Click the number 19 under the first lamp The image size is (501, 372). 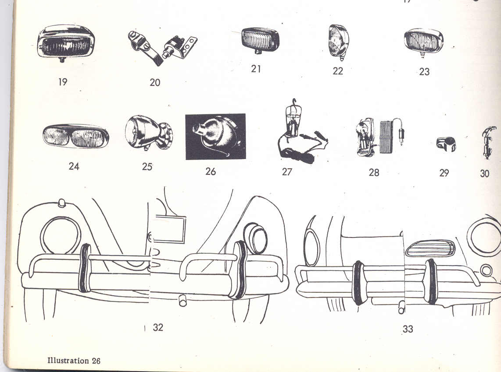(63, 81)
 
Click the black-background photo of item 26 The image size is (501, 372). (215, 136)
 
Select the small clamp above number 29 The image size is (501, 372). (446, 144)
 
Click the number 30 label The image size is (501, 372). (484, 174)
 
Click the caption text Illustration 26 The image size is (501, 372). (74, 361)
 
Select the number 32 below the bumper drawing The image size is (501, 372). (158, 327)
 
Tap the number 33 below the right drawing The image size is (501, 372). (408, 329)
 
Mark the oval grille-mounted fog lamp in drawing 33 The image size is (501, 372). (430, 248)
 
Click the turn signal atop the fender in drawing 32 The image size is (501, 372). (62, 203)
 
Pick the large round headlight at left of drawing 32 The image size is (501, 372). (61, 235)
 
